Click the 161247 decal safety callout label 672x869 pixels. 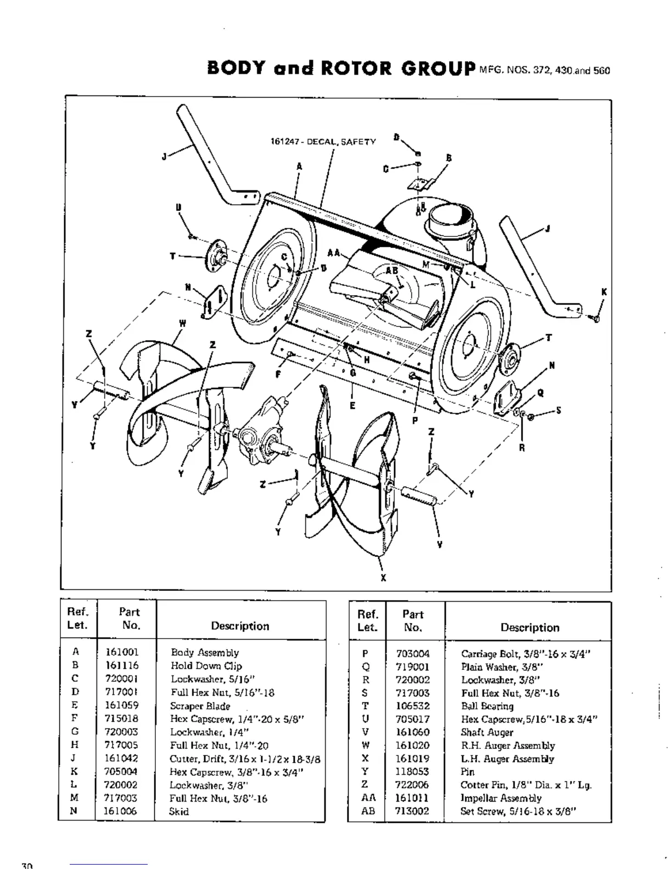[323, 142]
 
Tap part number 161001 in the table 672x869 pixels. [122, 652]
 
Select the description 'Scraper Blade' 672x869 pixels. [200, 706]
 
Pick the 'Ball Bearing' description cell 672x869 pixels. [487, 706]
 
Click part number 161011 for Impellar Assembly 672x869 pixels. [412, 798]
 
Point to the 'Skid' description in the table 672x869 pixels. [179, 811]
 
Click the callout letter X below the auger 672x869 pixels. [383, 577]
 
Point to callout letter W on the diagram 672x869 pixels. [182, 323]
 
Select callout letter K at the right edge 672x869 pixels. [604, 292]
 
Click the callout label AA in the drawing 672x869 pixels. [333, 253]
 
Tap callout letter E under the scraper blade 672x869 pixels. [352, 405]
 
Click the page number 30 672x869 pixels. [27, 865]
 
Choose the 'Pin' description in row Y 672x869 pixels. [468, 772]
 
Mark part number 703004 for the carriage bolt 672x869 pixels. [413, 654]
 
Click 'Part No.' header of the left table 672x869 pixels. [130, 619]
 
